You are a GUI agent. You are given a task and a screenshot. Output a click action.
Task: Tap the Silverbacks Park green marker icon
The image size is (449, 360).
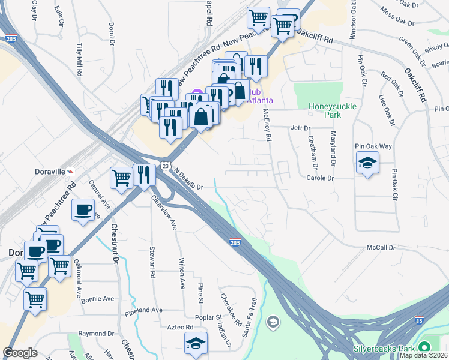click(x=425, y=347)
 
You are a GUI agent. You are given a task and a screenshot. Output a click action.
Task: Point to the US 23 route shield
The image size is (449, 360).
click(x=166, y=165)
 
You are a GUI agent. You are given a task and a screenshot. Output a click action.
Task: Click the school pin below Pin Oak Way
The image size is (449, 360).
click(x=367, y=163)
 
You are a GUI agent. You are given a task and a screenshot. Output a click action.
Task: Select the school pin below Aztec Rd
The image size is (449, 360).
click(x=196, y=343)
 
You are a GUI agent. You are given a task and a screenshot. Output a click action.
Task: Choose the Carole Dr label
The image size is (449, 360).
click(x=319, y=178)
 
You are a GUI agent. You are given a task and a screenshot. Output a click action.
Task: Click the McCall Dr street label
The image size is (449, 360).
click(x=381, y=247)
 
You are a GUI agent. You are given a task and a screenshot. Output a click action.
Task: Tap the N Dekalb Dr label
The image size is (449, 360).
click(x=189, y=179)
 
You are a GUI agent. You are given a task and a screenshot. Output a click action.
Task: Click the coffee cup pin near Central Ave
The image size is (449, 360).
click(x=83, y=211)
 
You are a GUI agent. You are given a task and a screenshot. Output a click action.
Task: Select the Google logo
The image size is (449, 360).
click(x=20, y=353)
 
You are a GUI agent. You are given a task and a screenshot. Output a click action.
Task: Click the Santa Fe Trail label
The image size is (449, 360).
click(x=249, y=317)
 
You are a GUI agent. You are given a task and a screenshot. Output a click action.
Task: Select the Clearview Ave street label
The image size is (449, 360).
click(x=164, y=212)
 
